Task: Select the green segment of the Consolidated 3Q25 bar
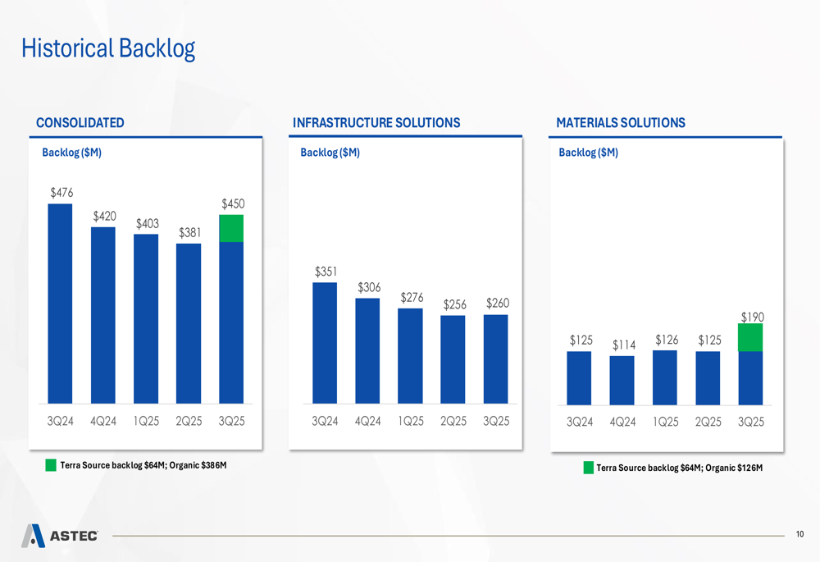[x=231, y=229]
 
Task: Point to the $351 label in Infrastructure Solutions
[x=325, y=272]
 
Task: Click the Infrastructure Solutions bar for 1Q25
[x=410, y=356]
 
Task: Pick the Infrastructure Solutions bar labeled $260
[x=496, y=359]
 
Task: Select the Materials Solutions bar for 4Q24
[x=622, y=380]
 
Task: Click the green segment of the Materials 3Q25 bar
[x=750, y=337]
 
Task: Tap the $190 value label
[x=752, y=316]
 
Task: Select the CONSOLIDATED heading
[x=80, y=123]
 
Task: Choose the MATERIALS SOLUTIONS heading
[x=621, y=123]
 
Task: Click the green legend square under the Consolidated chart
[x=51, y=466]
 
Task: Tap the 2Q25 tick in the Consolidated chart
[x=189, y=422]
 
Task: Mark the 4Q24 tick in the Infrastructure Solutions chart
[x=367, y=422]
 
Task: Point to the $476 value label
[x=61, y=193]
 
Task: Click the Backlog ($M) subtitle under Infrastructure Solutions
[x=330, y=153]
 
